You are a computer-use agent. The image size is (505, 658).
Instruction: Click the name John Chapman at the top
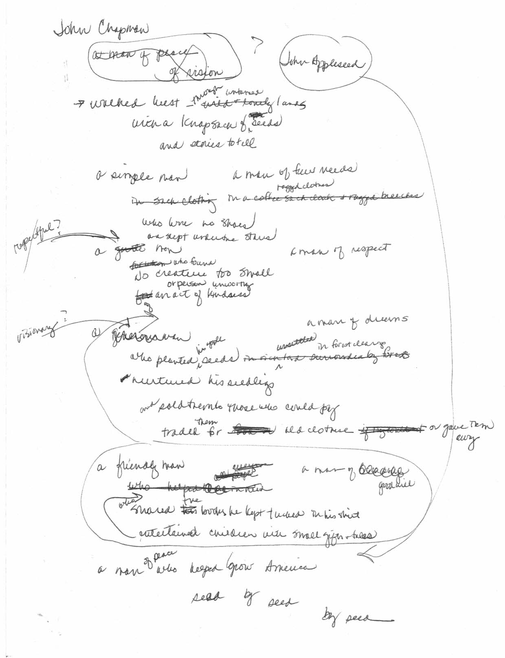(102, 31)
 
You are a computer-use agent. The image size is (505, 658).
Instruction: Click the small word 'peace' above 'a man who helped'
(167, 555)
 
